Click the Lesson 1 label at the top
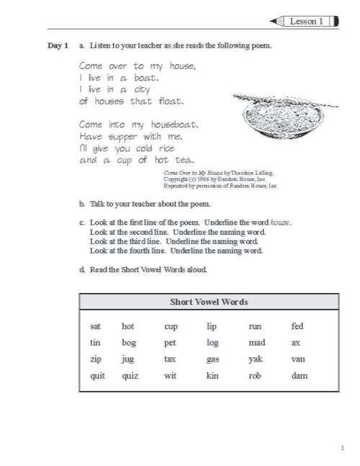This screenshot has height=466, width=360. click(306, 22)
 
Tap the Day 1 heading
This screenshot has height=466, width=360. click(58, 46)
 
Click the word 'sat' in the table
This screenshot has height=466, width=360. click(96, 326)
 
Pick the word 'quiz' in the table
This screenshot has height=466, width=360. click(130, 375)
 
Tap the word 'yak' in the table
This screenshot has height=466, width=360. click(256, 359)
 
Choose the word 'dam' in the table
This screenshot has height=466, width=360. click(300, 375)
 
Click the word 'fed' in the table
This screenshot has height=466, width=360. click(297, 326)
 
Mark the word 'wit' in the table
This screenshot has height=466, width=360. click(170, 375)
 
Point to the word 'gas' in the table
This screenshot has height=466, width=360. click(212, 359)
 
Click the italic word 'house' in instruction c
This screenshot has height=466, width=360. click(280, 223)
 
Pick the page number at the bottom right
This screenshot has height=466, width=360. click(342, 448)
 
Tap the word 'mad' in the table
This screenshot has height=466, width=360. click(257, 342)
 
